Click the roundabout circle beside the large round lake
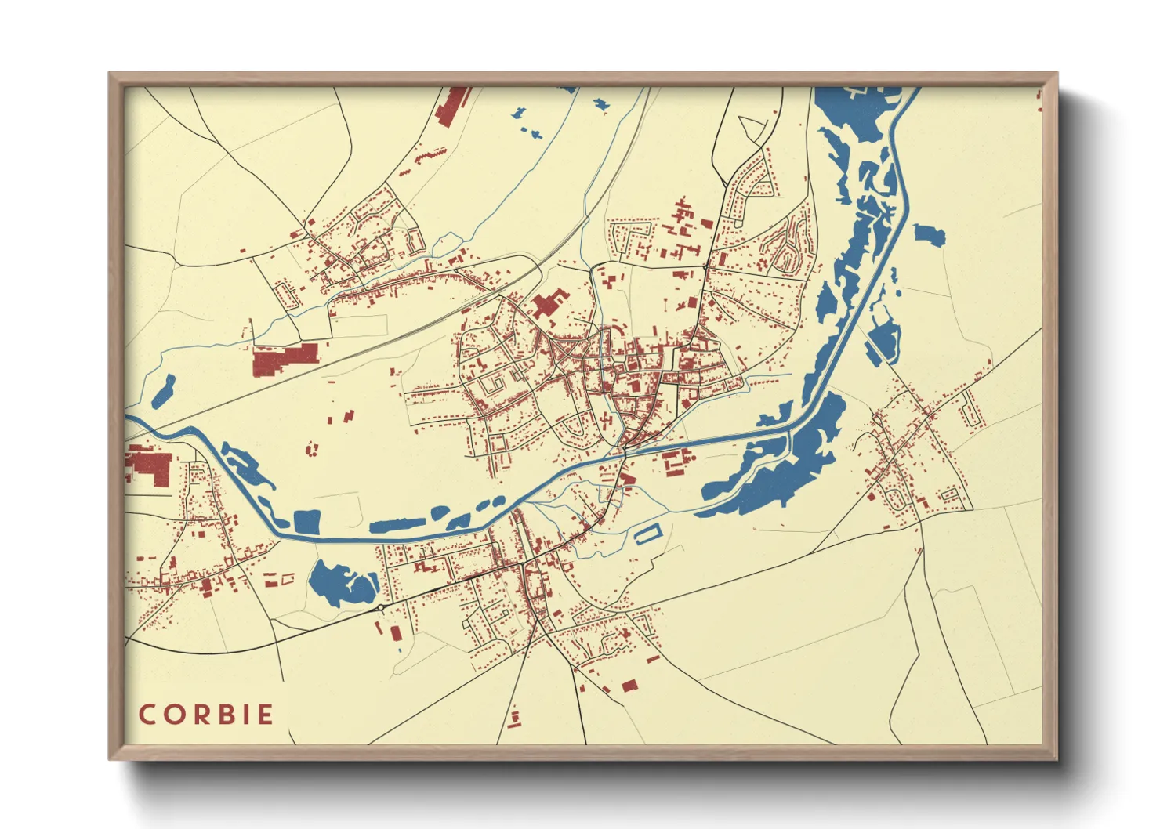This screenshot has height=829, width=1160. [380, 607]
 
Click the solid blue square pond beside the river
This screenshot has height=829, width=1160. [306, 522]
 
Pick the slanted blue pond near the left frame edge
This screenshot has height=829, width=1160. [162, 390]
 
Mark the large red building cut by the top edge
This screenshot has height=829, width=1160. [452, 106]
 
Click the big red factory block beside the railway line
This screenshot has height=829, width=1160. [284, 360]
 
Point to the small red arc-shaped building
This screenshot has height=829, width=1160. [313, 449]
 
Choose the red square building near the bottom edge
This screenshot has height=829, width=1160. [629, 686]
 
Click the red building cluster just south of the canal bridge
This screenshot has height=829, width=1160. [675, 461]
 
